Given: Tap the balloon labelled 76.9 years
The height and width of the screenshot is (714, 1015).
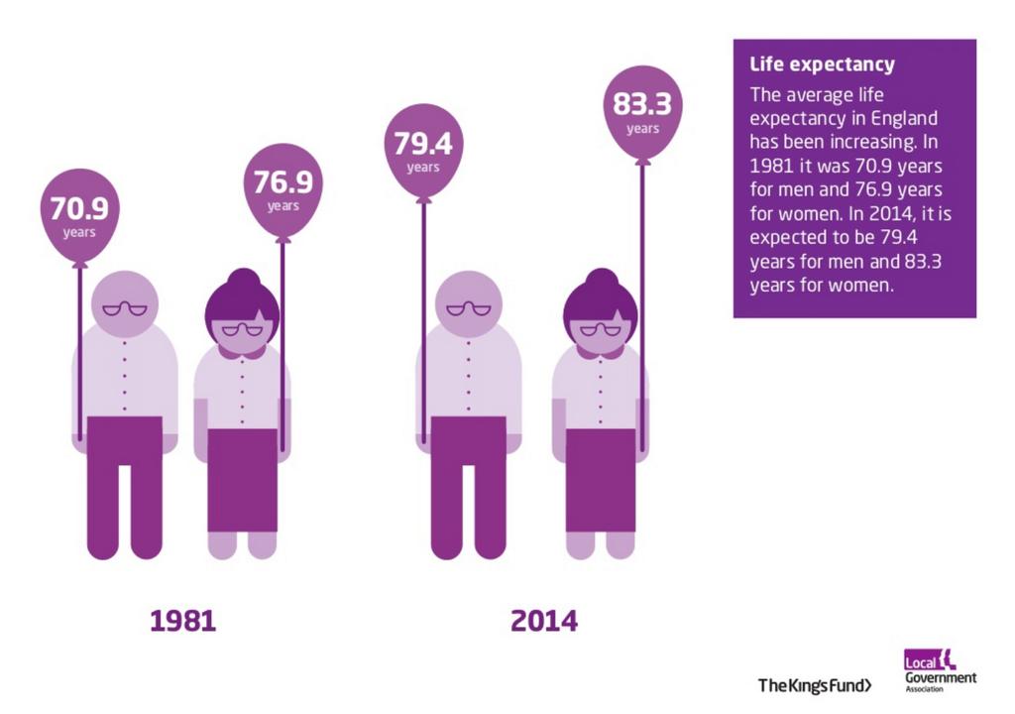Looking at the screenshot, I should (282, 188).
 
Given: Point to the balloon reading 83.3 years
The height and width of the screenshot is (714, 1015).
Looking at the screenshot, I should (642, 110).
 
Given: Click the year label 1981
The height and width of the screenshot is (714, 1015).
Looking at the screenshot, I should (182, 622).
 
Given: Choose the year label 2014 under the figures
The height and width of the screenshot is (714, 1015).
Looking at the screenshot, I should (543, 622).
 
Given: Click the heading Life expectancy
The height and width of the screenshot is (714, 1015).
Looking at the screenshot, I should (822, 65).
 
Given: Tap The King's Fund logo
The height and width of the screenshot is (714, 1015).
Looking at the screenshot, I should (815, 685).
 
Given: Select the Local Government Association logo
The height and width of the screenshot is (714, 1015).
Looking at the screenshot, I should (939, 670).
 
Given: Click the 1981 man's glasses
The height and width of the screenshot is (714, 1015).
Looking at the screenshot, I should (125, 308).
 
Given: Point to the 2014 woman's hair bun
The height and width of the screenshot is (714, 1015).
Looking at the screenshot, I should (601, 279).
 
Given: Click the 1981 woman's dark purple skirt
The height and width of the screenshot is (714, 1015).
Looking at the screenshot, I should (242, 480).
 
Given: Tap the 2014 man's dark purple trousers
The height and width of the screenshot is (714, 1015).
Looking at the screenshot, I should (468, 476).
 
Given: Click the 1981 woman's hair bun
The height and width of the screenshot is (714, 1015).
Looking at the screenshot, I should (243, 279).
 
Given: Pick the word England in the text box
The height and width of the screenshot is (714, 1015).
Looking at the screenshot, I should (904, 118).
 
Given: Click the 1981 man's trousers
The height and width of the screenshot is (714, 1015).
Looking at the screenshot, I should (125, 476).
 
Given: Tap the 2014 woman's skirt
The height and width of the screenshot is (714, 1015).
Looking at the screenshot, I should (601, 480).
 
